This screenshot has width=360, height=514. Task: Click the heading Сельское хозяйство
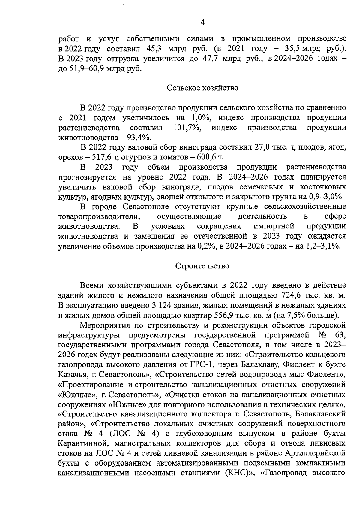pos(202,88)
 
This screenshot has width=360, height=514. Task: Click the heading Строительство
pos(202,266)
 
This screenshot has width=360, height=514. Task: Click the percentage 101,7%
pos(187,128)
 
